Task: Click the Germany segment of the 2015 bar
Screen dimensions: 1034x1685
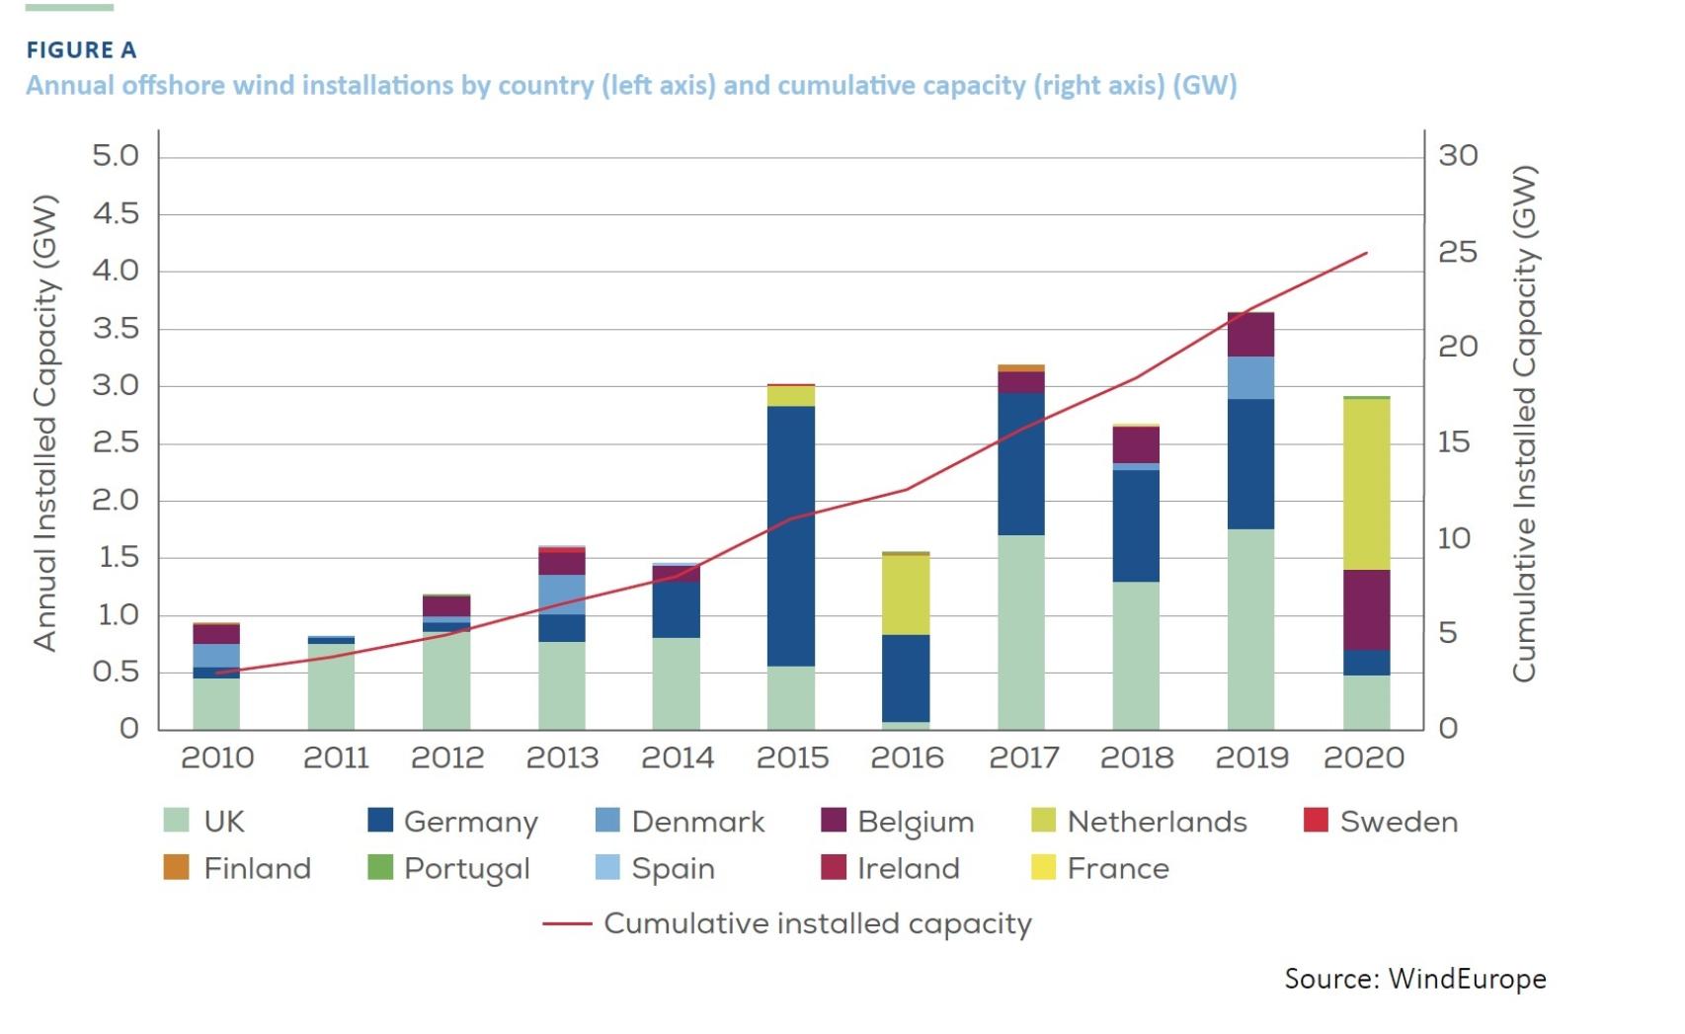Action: click(x=791, y=535)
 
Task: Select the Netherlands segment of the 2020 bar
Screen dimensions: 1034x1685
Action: click(x=1366, y=484)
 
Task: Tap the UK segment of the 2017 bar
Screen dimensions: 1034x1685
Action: click(x=1021, y=632)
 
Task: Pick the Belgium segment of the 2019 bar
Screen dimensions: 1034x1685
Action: click(x=1250, y=335)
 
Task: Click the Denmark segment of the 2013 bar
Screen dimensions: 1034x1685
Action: click(x=562, y=594)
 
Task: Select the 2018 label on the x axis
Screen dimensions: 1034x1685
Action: click(x=1136, y=757)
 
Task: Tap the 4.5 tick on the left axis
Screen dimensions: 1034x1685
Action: click(x=116, y=213)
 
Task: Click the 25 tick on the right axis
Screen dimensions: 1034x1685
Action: click(x=1458, y=252)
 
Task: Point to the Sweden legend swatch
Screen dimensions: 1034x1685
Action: click(x=1316, y=820)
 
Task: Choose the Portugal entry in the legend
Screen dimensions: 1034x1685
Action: click(x=466, y=868)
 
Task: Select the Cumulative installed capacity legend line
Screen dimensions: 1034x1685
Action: click(x=567, y=924)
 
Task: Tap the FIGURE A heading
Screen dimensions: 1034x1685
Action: click(x=81, y=49)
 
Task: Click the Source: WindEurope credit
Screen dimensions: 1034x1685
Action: click(x=1414, y=979)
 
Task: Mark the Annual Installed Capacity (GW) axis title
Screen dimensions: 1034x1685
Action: click(x=44, y=423)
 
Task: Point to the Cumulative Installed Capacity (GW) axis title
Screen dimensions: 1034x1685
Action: click(x=1524, y=423)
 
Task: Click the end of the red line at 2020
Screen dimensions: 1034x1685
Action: click(x=1366, y=253)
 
